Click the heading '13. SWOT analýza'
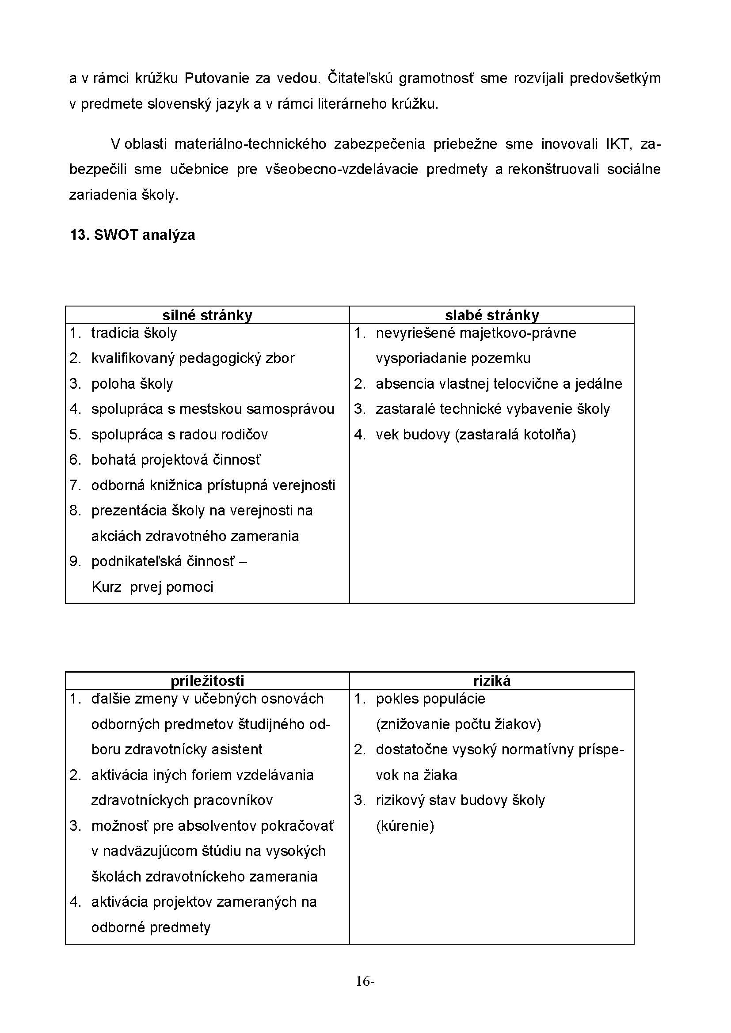click(132, 235)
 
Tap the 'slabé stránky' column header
click(491, 315)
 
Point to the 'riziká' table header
click(491, 681)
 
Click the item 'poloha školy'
click(132, 384)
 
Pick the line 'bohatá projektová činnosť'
click(175, 460)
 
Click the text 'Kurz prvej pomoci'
click(152, 587)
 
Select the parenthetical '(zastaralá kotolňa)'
click(515, 435)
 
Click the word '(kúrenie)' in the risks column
click(405, 825)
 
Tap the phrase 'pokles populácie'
click(430, 699)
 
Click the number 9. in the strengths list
click(75, 561)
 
